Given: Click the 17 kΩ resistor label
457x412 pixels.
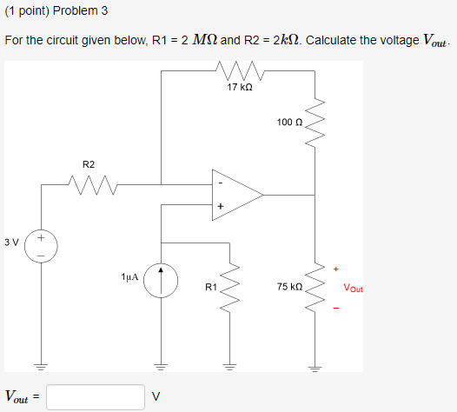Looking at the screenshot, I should (238, 88).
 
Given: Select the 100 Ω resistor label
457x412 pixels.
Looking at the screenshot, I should (289, 122).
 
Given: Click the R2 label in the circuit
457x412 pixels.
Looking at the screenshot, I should (89, 163).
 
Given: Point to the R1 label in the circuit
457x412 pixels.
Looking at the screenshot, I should (210, 286).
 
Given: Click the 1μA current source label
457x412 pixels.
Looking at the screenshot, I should (130, 276).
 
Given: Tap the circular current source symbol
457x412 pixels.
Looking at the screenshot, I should (161, 281).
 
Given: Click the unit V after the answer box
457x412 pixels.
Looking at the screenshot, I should (156, 397).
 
